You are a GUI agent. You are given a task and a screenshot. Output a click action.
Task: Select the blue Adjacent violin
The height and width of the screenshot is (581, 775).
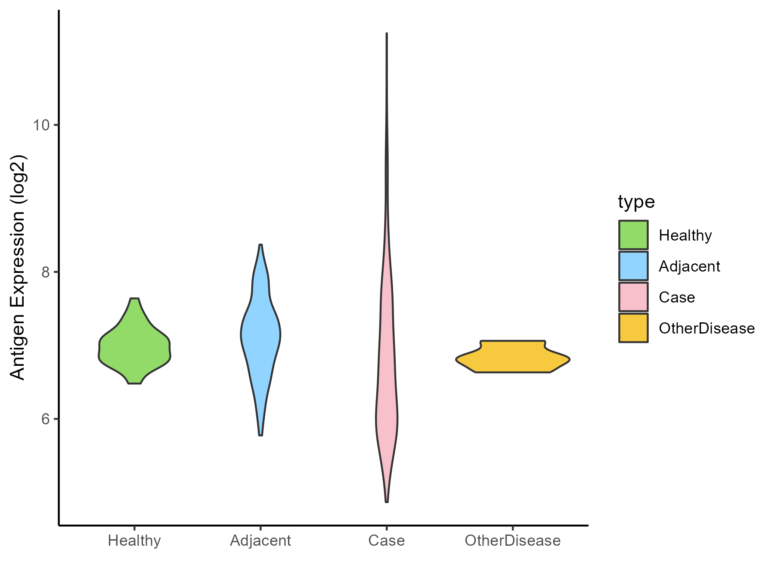coord(260,336)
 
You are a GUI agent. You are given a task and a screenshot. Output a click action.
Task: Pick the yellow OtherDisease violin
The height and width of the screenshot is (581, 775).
coord(512,357)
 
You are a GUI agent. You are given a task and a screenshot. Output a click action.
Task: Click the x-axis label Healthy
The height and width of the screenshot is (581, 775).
coord(134,541)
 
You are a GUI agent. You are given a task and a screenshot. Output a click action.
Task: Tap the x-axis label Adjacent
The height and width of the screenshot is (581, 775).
coord(260,541)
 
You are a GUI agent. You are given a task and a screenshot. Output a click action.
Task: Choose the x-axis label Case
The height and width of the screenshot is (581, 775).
coord(387,541)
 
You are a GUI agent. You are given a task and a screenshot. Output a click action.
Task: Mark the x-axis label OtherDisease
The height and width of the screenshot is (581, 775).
coord(512,541)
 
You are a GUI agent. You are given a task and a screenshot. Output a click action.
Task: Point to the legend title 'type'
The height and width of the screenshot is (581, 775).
coord(636,201)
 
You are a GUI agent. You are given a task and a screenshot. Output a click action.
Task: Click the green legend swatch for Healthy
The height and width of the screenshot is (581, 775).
coord(633,235)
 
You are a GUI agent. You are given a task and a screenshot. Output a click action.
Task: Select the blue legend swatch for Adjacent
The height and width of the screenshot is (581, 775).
coord(633,266)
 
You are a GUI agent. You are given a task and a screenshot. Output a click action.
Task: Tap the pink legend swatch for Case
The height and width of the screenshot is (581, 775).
coord(633,297)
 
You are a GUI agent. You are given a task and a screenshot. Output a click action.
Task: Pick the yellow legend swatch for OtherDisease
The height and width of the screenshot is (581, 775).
coord(633,328)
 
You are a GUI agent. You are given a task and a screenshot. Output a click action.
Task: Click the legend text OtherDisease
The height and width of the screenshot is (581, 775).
coord(707,328)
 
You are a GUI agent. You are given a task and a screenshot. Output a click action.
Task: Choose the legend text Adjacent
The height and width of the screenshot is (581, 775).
coord(689,266)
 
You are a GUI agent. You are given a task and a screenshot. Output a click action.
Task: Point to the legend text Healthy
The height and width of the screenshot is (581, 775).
coord(685,235)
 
